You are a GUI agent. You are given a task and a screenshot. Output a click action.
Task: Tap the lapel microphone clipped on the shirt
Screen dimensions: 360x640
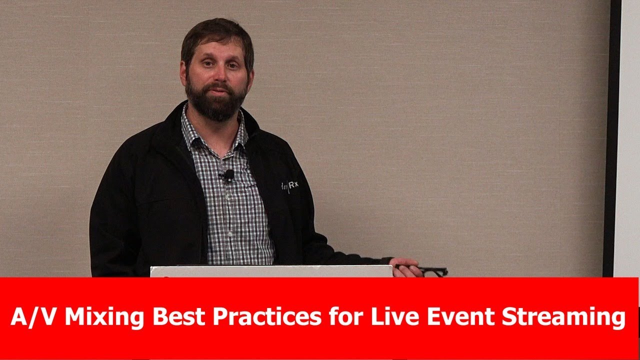(x=228, y=175)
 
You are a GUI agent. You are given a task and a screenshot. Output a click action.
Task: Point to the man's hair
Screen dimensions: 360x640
(x=216, y=32)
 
